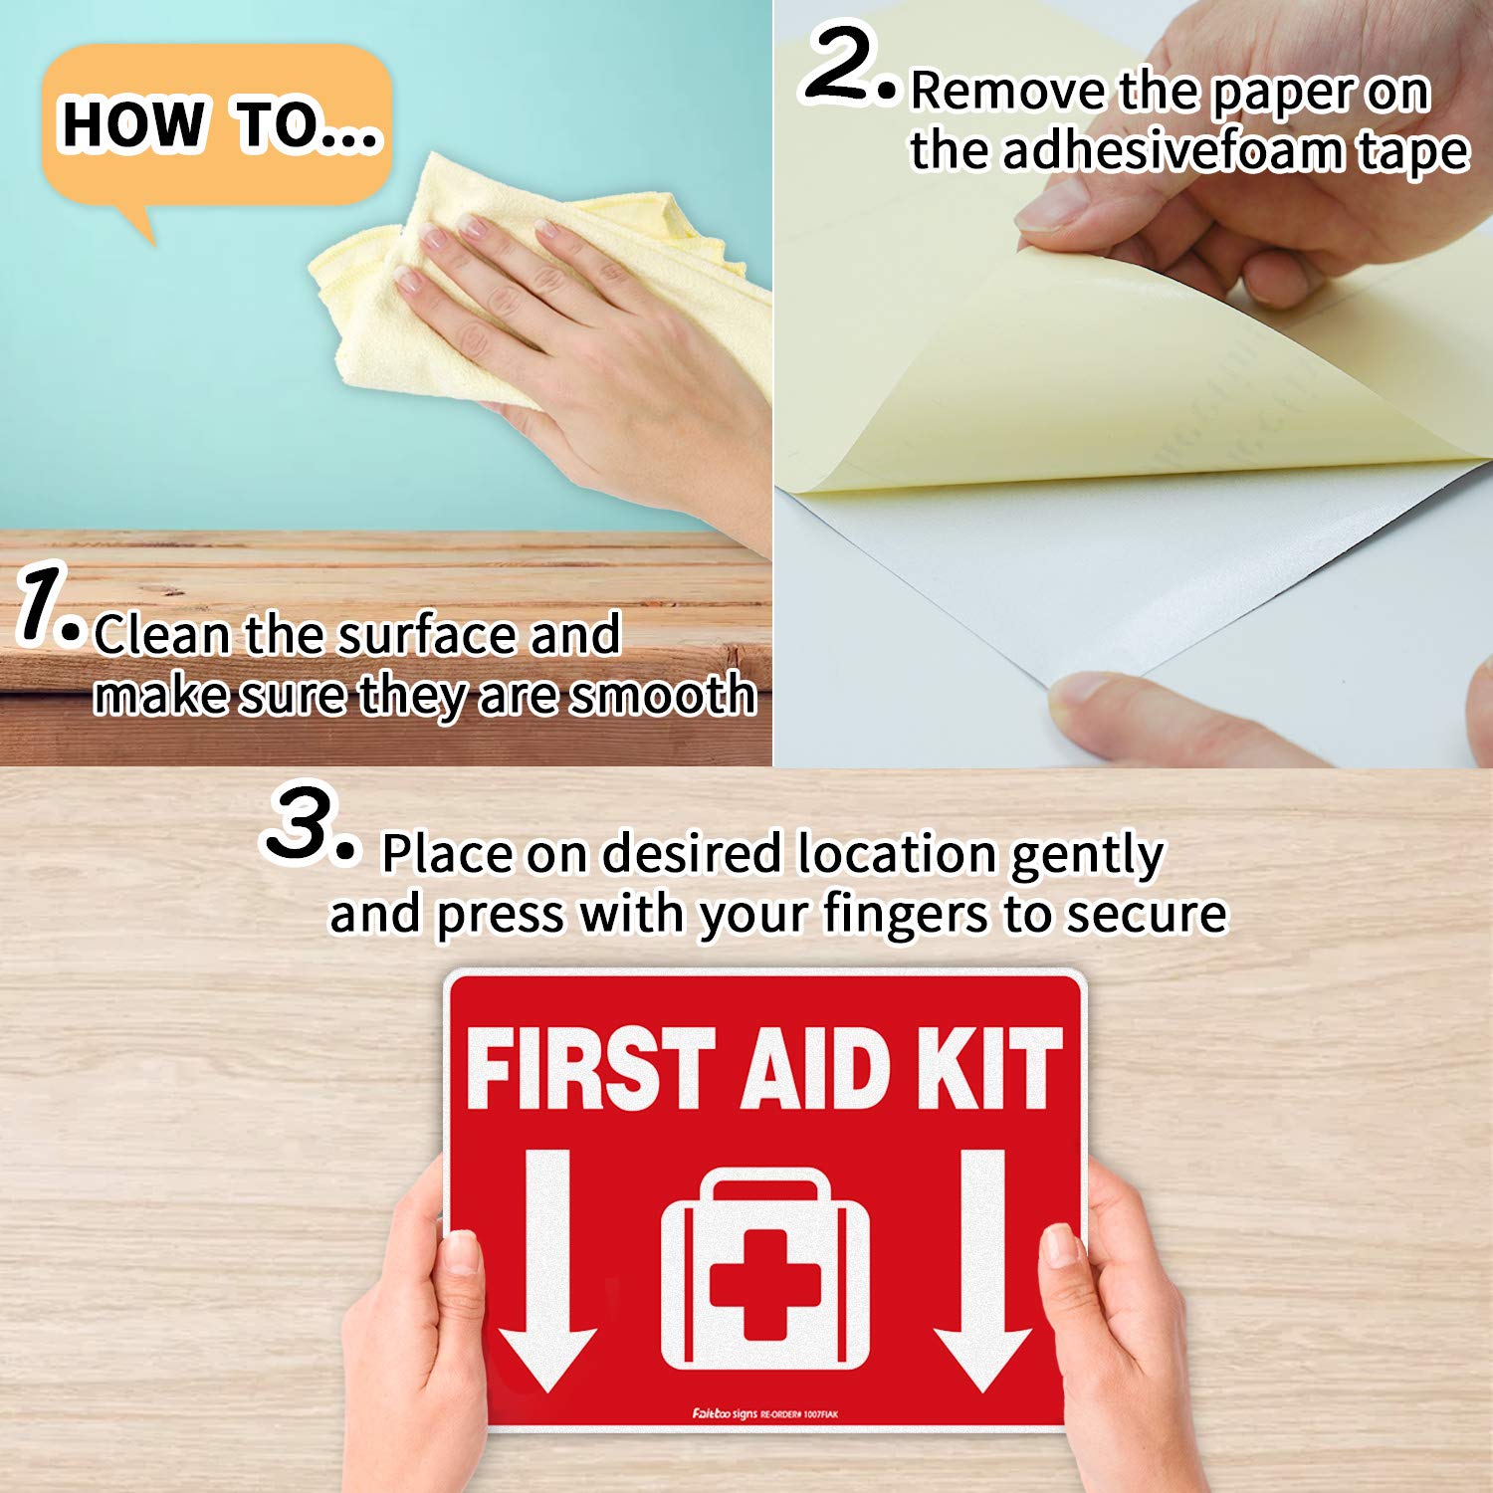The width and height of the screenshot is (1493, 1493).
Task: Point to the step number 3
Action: (x=299, y=823)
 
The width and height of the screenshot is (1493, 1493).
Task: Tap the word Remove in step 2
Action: (x=1008, y=92)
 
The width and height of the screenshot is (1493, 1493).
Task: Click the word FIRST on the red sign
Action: (x=589, y=1069)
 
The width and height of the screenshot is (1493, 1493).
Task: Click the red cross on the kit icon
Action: (x=764, y=1284)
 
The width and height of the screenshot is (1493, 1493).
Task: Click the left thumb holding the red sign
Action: (x=460, y=1284)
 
